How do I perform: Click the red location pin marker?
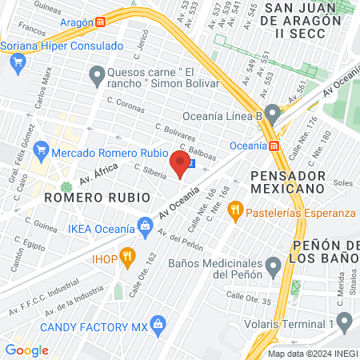[x=180, y=166]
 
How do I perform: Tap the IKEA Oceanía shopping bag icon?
[x=145, y=226]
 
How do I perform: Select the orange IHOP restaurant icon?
[x=126, y=257]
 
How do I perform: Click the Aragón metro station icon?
[x=99, y=22]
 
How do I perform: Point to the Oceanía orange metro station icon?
[x=274, y=146]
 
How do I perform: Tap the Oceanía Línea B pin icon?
[x=274, y=113]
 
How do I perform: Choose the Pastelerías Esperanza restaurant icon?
[x=235, y=212]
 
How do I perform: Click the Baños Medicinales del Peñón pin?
[x=274, y=263]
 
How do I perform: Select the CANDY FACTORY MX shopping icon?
[x=158, y=324]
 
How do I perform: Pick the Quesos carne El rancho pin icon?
[x=98, y=78]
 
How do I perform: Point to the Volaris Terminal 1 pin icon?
[x=345, y=322]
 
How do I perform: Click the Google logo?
[x=26, y=350]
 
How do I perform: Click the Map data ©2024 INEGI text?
[x=311, y=354]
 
